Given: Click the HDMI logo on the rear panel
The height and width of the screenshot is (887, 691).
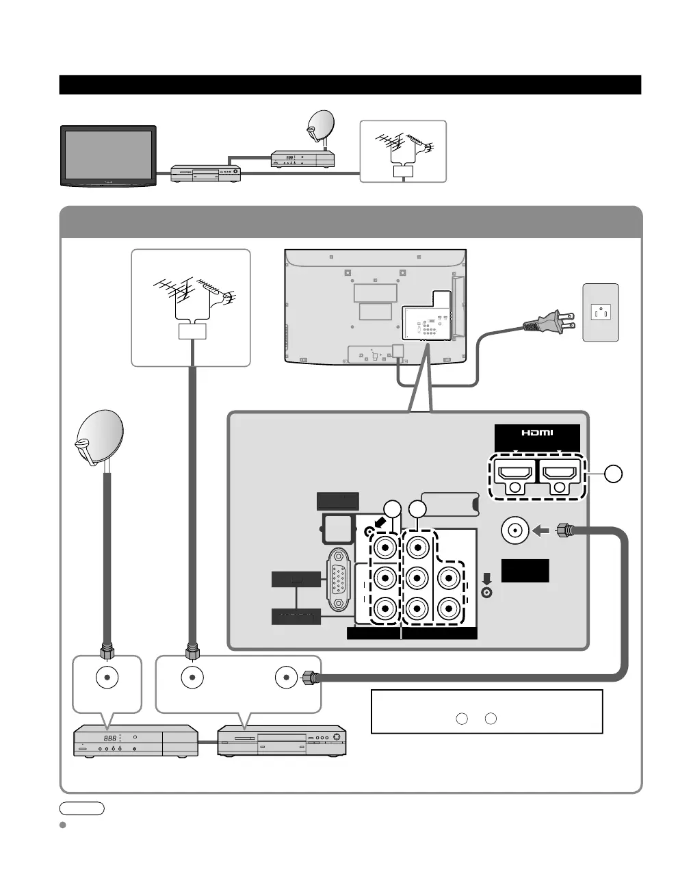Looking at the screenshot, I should pos(537,433).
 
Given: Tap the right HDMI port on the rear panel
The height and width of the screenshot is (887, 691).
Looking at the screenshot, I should pos(560,472).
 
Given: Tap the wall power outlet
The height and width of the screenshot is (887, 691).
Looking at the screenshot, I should pos(601,312).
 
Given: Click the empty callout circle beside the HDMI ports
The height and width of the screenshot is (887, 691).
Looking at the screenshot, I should pos(614,473).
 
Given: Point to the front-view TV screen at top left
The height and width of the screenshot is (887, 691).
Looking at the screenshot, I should pos(109,154).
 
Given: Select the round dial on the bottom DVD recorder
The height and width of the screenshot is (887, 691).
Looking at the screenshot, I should pos(336,738).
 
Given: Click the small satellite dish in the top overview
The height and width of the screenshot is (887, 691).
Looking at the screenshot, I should pos(320,125).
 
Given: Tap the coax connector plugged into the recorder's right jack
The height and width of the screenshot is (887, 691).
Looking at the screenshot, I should pos(311,677).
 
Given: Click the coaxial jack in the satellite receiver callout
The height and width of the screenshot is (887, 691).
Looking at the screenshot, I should pos(107,677).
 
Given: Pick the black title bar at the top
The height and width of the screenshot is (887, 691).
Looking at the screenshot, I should pos(350,85).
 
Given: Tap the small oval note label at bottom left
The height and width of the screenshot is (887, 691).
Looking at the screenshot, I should pos(81,808).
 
